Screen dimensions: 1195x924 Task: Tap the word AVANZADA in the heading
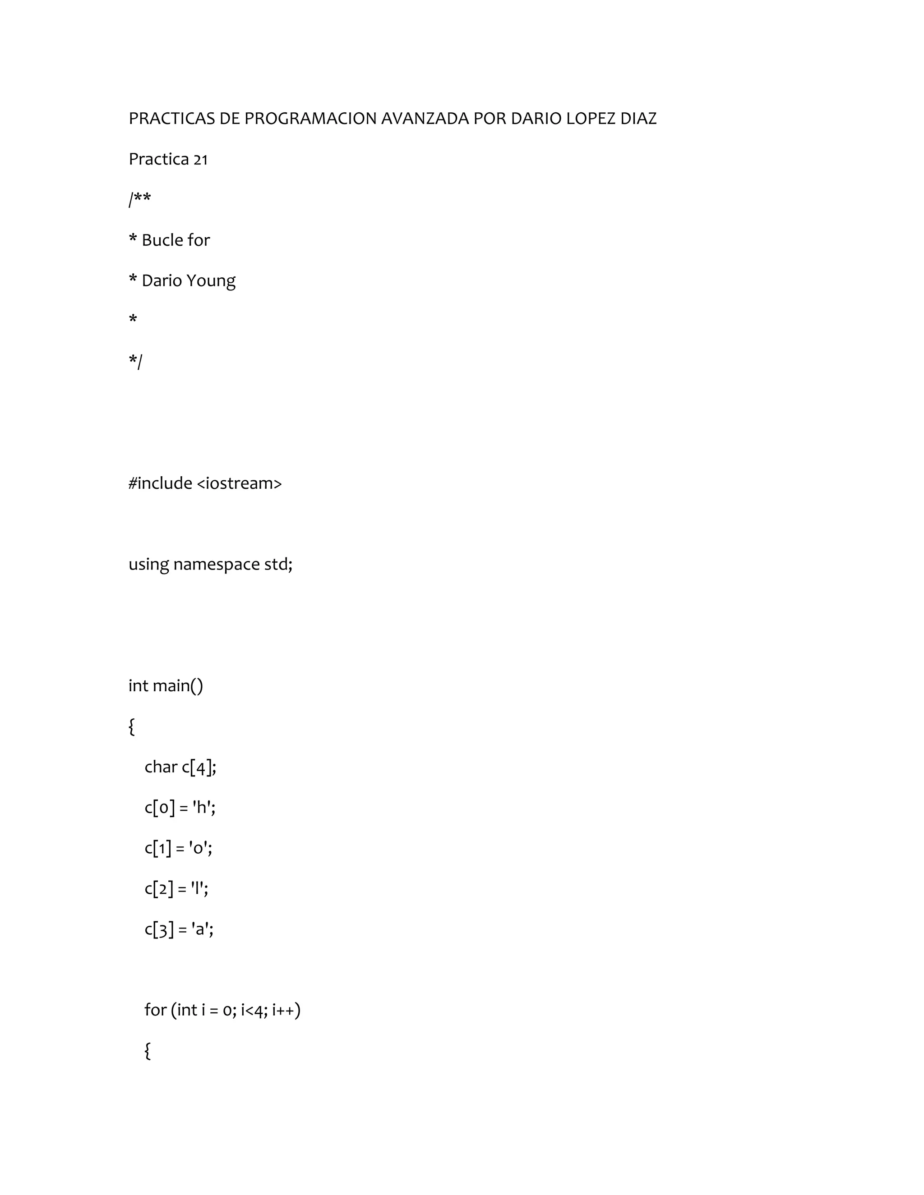pos(425,119)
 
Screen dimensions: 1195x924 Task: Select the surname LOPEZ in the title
pos(591,119)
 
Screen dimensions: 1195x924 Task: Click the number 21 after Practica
pos(201,159)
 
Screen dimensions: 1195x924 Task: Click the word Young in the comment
pos(211,280)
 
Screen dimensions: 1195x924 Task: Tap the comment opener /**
pos(139,199)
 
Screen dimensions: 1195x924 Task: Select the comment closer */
pos(135,361)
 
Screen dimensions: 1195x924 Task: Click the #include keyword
pos(160,483)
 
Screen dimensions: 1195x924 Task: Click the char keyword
pos(161,767)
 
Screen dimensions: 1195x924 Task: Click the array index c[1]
pos(157,848)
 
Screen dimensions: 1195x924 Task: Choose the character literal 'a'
pos(201,929)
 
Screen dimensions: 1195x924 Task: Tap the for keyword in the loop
pos(155,1010)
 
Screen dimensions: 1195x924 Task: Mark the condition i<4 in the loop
pos(252,1010)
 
